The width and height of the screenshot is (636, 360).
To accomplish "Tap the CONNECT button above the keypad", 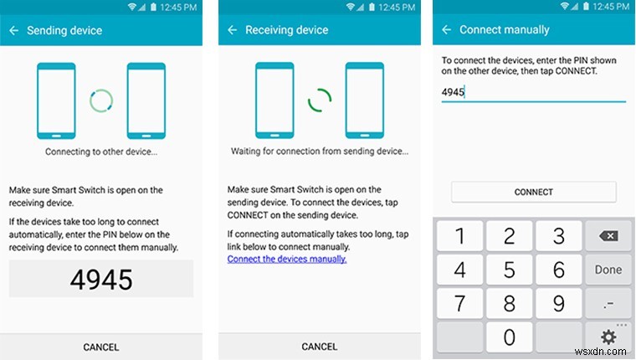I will pos(533,192).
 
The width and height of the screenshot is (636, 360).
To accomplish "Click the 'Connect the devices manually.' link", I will pos(287,259).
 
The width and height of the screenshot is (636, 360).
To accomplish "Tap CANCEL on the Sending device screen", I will pos(101,347).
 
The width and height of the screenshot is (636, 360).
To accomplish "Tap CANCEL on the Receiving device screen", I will pos(319,347).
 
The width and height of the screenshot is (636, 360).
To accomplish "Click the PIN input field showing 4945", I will pos(533,92).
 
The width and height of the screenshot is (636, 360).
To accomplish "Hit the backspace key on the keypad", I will pos(608,236).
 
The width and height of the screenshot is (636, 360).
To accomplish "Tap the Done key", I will pos(608,270).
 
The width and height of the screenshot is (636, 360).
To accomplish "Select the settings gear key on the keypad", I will pos(608,337).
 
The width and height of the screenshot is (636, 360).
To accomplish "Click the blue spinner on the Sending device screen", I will pos(101,101).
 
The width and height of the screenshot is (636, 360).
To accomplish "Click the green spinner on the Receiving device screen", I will pos(319,101).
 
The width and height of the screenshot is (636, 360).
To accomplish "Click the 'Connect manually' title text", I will pos(504,30).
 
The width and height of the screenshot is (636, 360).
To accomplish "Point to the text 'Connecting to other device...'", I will pos(101,152).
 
